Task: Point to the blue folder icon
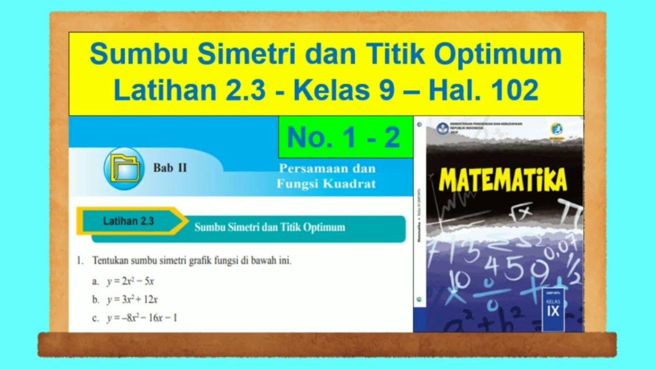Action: click(x=124, y=168)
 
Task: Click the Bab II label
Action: click(x=170, y=168)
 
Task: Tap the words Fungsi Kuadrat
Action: click(x=326, y=184)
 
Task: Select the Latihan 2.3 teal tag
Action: click(x=129, y=221)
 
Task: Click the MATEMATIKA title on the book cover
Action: click(x=502, y=181)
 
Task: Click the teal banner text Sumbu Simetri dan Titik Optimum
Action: click(x=270, y=227)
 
